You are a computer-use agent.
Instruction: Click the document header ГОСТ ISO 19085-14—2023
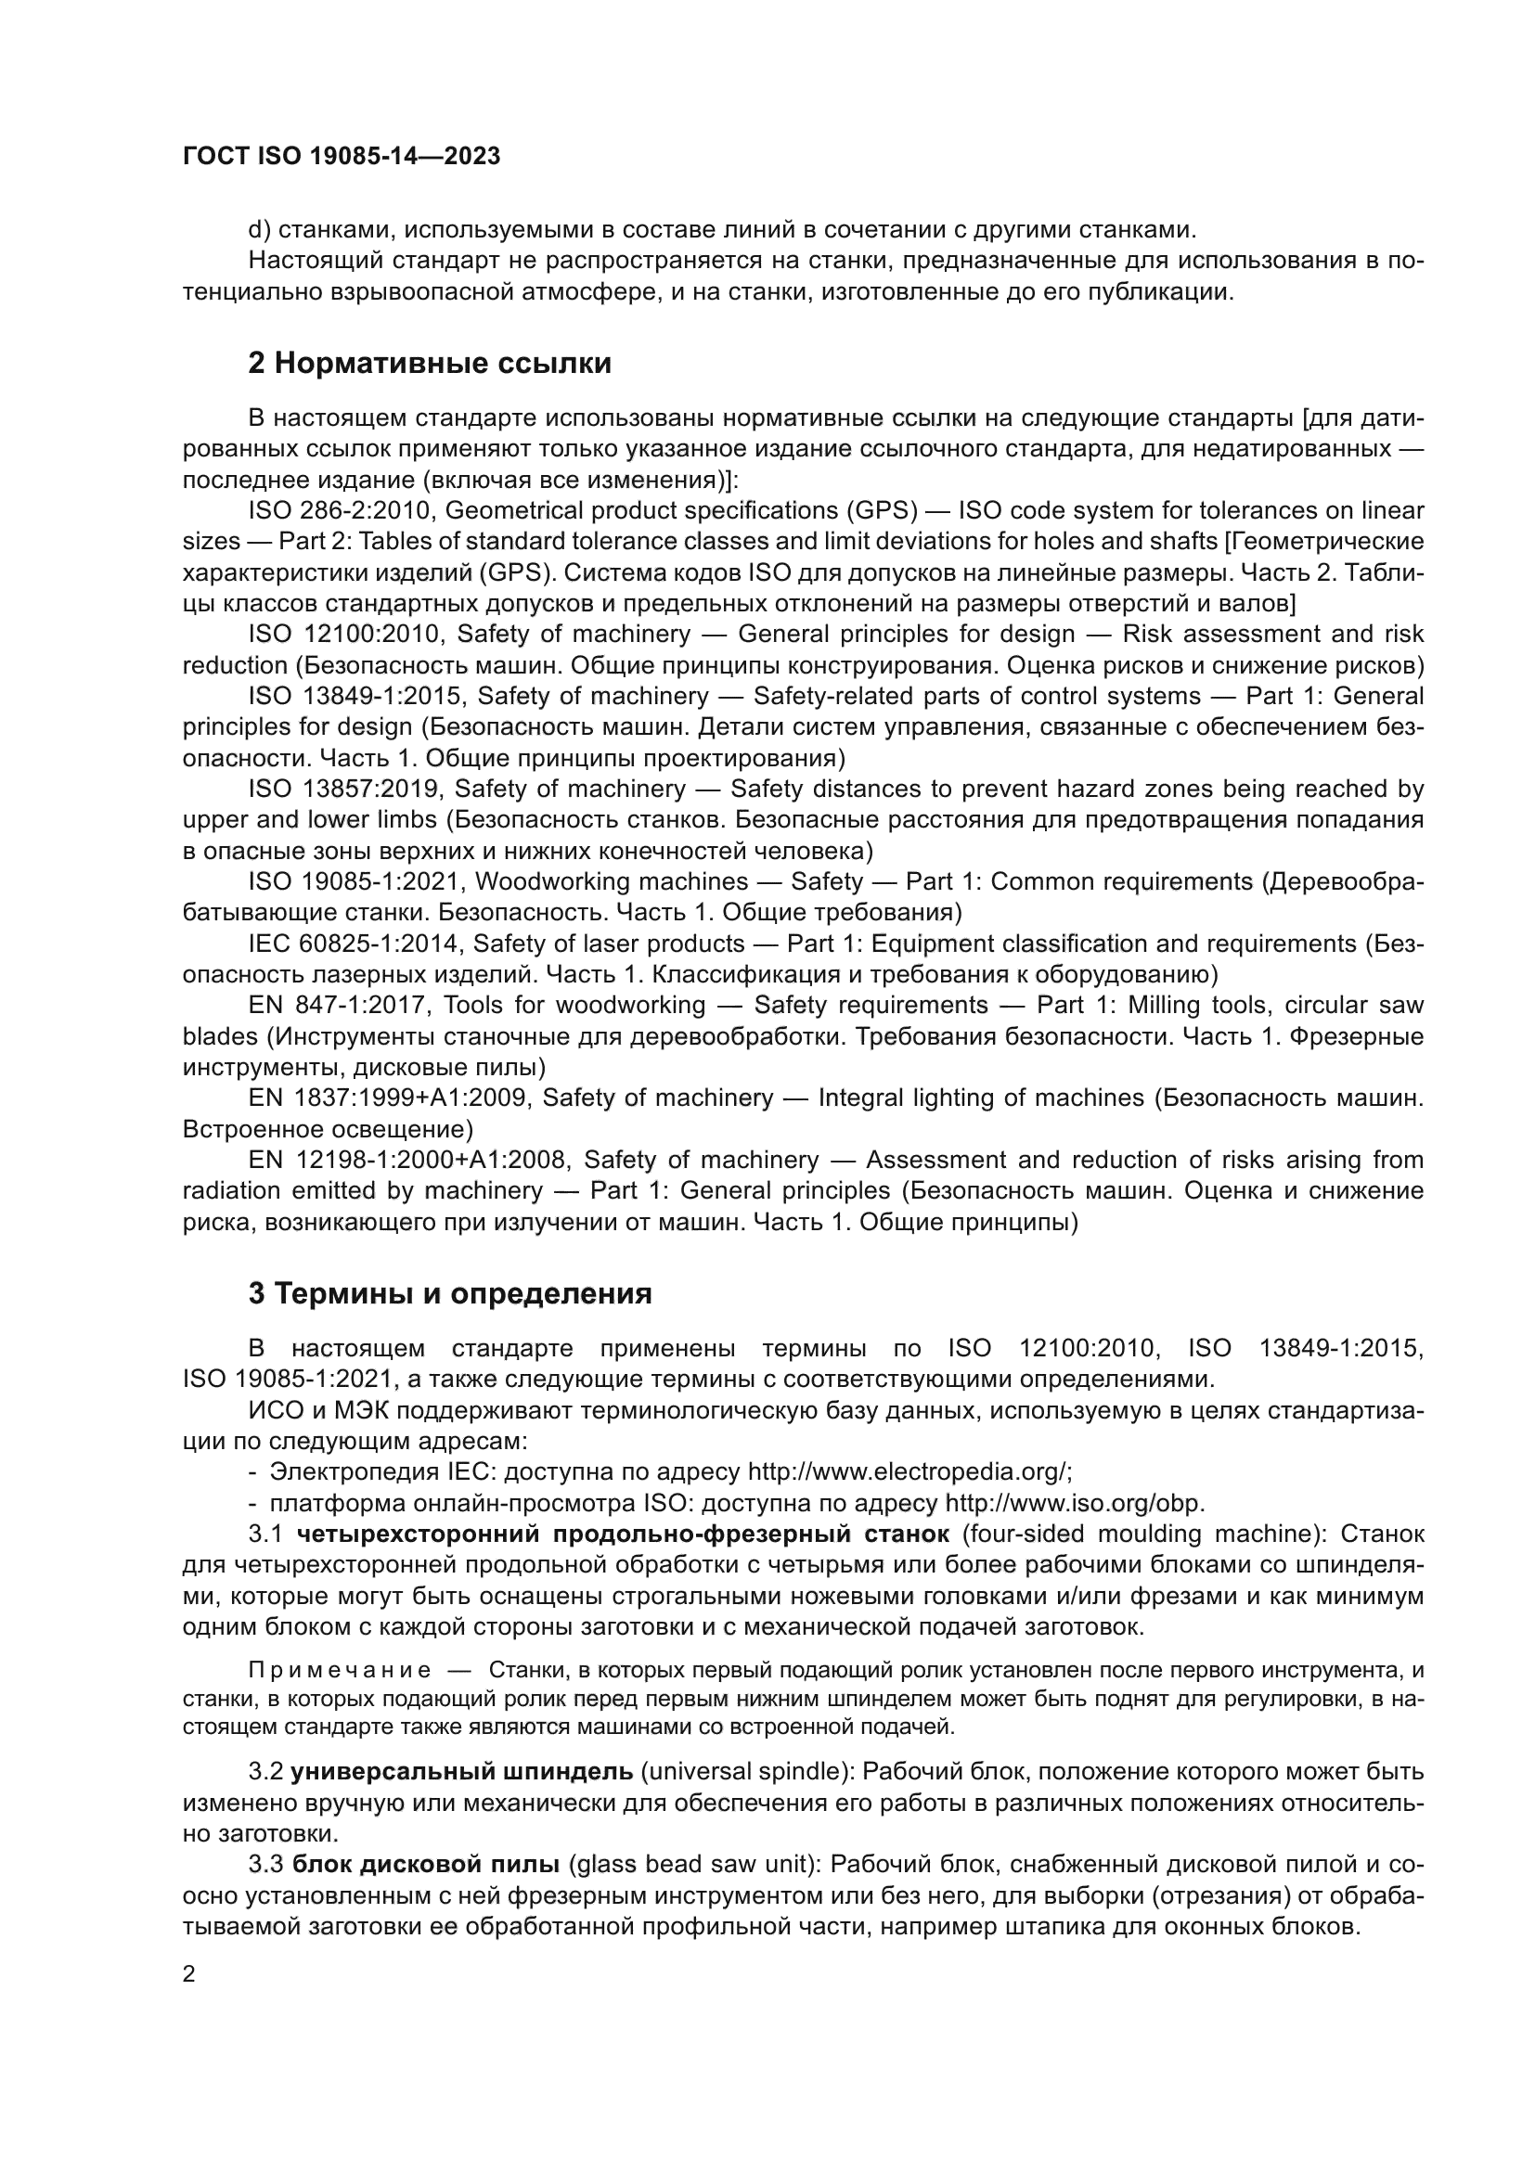tap(342, 157)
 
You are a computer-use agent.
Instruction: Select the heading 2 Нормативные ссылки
tap(429, 364)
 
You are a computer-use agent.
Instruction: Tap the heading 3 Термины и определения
tap(450, 1294)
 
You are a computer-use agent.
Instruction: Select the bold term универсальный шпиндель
tap(461, 1772)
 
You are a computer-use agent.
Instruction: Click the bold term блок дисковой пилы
tap(425, 1865)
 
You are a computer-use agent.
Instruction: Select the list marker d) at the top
tap(259, 231)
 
